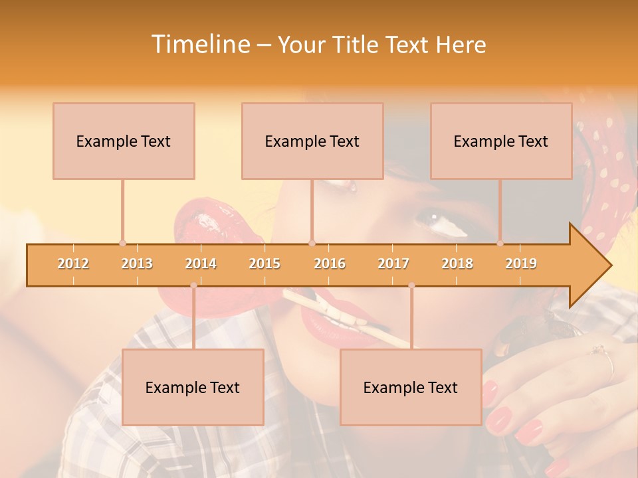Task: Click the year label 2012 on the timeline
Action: (x=73, y=264)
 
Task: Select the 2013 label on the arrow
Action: (x=137, y=264)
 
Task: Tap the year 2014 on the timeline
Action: (x=201, y=264)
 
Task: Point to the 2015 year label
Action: (x=265, y=264)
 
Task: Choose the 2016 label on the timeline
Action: (x=330, y=264)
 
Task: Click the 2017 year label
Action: (x=393, y=264)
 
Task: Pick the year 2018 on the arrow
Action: (x=457, y=264)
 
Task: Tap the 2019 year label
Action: (x=521, y=264)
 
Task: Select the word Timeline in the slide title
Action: (x=199, y=44)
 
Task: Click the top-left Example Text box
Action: (x=124, y=141)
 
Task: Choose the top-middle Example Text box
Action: (x=312, y=141)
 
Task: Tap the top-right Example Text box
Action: (x=501, y=141)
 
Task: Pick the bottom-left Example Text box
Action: (x=193, y=387)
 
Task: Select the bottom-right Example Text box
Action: (x=411, y=387)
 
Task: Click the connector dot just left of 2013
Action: (x=122, y=243)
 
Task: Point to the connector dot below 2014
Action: (x=193, y=285)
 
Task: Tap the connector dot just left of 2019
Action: (x=500, y=243)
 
